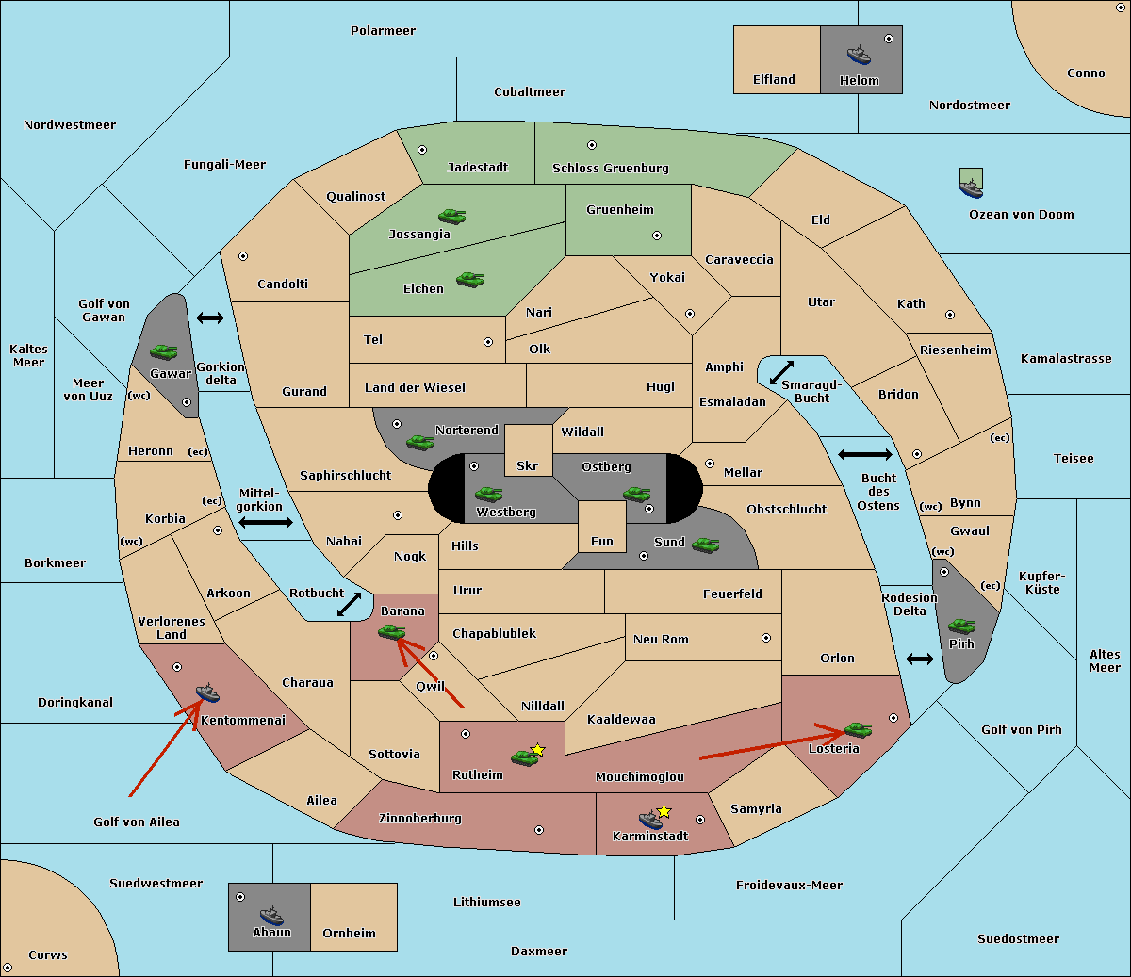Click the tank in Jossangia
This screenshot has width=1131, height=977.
click(452, 216)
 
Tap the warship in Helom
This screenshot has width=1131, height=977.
click(859, 55)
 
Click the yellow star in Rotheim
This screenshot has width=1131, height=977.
click(538, 749)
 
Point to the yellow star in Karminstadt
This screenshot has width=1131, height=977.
click(664, 810)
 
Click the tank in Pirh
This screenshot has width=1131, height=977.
click(961, 626)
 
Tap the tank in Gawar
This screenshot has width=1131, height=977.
click(163, 351)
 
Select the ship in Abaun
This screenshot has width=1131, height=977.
click(272, 915)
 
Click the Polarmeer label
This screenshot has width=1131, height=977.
click(383, 31)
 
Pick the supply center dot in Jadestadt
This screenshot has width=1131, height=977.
click(422, 150)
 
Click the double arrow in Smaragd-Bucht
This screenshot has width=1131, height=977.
click(781, 372)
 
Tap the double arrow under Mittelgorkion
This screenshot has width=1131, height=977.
click(266, 522)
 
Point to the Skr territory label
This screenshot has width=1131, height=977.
click(527, 465)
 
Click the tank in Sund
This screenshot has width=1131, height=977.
click(705, 545)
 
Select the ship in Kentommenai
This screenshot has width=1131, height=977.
click(207, 692)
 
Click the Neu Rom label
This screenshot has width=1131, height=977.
click(661, 639)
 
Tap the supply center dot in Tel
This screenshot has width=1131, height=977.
click(488, 342)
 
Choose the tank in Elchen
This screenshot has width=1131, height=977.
click(469, 280)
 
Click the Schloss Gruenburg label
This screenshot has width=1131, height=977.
click(610, 168)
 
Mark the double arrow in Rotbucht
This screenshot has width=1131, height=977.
click(349, 605)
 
